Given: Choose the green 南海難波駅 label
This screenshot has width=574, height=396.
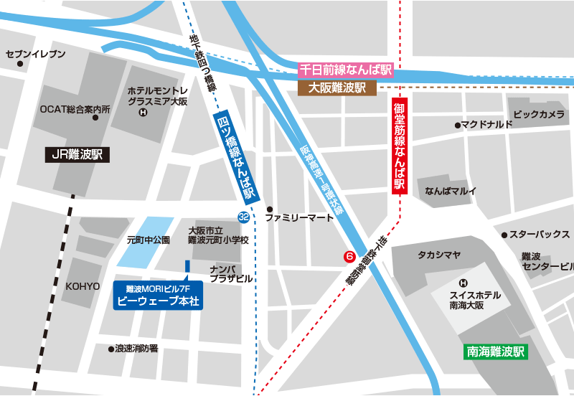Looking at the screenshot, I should coord(495,352).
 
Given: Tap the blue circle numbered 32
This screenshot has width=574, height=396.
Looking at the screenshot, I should coord(244,217).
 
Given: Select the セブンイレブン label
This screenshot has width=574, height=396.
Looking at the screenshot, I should coord(35,55).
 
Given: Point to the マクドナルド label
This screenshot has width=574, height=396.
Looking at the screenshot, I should coord(487,125).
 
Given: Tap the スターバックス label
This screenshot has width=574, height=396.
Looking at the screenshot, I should coord(540,235).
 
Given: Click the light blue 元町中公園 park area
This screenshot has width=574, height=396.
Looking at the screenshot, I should coord(149,230).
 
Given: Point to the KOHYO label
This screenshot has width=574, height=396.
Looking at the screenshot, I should coord(83,286).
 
